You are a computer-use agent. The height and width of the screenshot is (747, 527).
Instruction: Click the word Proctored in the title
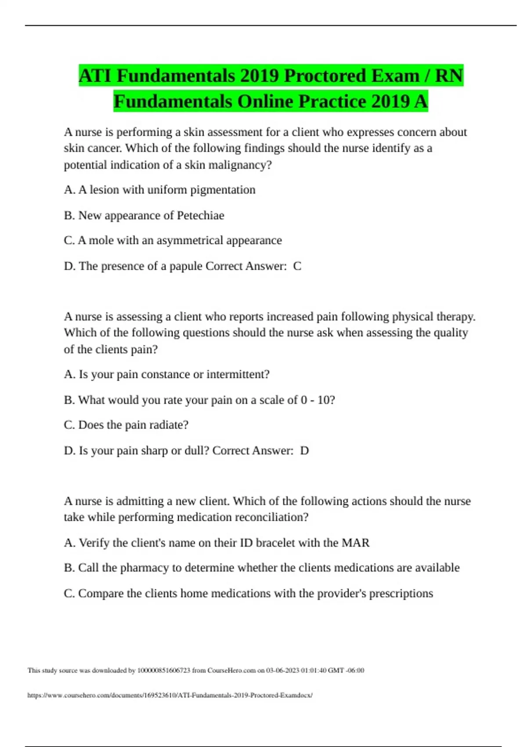pos(324,76)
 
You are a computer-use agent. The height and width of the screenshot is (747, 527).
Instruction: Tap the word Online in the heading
pos(265,102)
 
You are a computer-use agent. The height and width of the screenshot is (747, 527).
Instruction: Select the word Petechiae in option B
pos(200,215)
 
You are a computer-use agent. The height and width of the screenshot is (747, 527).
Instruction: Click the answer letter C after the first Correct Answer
pos(297,266)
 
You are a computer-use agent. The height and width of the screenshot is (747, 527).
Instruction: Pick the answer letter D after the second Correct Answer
pos(304,451)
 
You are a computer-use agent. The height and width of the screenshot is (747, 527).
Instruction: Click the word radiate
pos(169,425)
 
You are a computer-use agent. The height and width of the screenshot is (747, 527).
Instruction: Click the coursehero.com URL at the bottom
pos(170,696)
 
